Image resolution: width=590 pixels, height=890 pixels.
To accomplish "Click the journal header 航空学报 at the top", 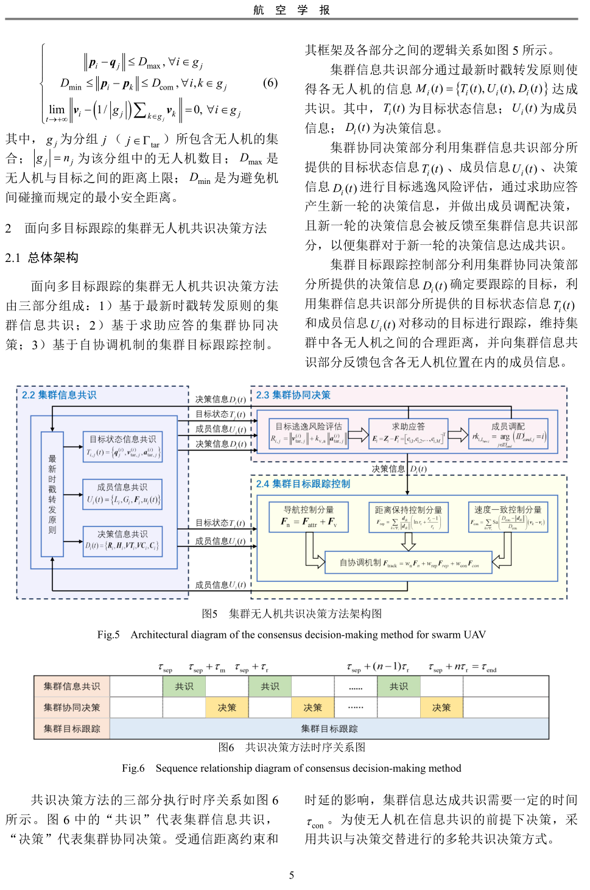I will (292, 10).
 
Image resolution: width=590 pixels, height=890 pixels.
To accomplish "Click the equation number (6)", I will (270, 82).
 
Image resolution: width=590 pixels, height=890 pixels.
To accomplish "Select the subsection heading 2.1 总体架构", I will (42, 258).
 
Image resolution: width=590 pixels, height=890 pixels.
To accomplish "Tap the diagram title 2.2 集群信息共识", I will (59, 395).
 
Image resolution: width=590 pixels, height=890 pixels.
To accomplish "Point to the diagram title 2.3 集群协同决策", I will (293, 395).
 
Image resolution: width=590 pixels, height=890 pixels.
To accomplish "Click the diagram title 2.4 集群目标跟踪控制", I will (303, 484).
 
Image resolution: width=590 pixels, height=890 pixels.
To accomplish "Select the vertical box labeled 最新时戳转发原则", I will (52, 494).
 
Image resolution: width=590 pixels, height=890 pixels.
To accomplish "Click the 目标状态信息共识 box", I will (122, 446).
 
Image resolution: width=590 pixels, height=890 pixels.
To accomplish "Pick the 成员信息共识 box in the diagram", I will (122, 494).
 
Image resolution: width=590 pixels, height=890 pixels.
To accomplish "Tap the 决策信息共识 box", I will (122, 540).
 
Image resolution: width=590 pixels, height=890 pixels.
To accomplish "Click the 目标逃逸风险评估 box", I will (309, 433).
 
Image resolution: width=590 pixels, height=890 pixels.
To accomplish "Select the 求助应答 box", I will (408, 433).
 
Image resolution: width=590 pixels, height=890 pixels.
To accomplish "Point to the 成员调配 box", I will (508, 433).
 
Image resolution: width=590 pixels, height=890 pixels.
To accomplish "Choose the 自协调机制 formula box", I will (409, 563).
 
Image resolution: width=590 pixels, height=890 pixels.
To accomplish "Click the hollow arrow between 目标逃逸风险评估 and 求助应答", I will (360, 436).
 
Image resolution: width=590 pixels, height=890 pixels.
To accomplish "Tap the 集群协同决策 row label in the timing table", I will (72, 707).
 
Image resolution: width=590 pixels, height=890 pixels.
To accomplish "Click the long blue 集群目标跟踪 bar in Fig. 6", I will (329, 729).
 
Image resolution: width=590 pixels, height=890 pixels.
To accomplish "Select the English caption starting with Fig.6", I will (291, 768).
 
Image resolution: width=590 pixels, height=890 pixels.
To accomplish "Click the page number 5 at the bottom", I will (291, 875).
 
